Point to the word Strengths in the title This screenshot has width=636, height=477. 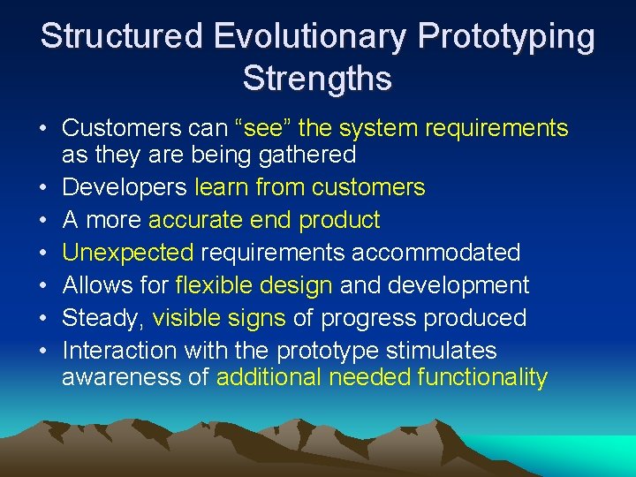317,79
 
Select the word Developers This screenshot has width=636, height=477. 125,187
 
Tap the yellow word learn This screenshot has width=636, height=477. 222,187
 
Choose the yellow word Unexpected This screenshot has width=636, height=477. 128,253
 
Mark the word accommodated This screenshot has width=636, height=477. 436,253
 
